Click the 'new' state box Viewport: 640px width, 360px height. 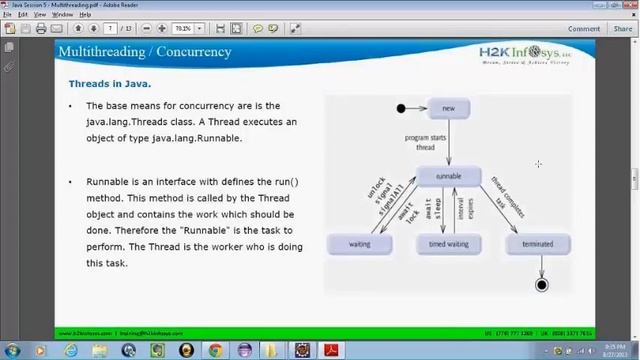448,109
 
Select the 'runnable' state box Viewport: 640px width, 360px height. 448,176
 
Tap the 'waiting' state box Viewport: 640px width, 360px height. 359,244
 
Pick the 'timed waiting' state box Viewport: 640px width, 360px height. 448,244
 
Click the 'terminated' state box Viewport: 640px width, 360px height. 538,244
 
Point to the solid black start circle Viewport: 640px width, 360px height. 401,109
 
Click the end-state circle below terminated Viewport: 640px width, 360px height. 541,285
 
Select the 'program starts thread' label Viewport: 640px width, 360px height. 425,142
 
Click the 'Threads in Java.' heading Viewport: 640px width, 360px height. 109,84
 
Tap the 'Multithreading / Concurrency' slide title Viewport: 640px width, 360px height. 144,52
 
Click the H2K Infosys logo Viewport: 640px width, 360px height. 523,53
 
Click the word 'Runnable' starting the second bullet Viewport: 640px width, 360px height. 106,182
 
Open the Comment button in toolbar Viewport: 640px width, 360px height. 584,29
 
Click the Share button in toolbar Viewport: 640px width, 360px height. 620,29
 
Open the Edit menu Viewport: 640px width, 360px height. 22,15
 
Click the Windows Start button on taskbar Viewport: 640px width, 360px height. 11,351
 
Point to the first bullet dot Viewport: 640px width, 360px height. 70,106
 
